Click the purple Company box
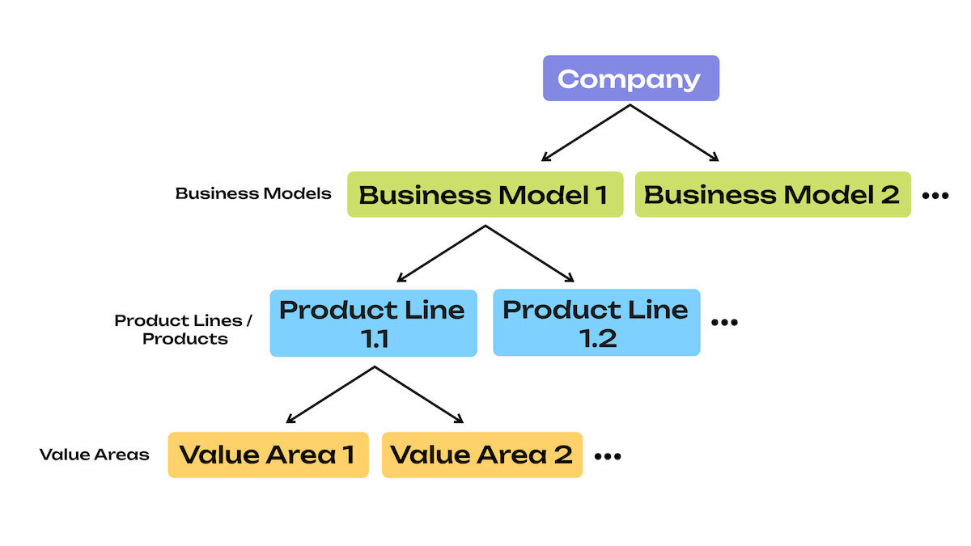[x=630, y=78]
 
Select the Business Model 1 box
[x=485, y=194]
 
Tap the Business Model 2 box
[x=772, y=194]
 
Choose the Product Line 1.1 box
[x=373, y=323]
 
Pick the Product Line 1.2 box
[x=596, y=323]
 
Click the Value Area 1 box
[x=268, y=455]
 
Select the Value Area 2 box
[x=481, y=455]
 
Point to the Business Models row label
[x=253, y=194]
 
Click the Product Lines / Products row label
[x=184, y=329]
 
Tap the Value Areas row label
[x=95, y=455]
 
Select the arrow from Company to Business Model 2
[x=675, y=133]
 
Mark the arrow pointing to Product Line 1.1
[x=441, y=254]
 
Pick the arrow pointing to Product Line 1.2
[x=530, y=254]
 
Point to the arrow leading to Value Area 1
[x=331, y=395]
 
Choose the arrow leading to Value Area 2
[x=419, y=395]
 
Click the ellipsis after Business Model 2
[x=935, y=196]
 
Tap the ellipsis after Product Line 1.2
[x=724, y=323]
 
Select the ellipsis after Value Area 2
[x=608, y=457]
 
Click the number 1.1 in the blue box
[x=373, y=338]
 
